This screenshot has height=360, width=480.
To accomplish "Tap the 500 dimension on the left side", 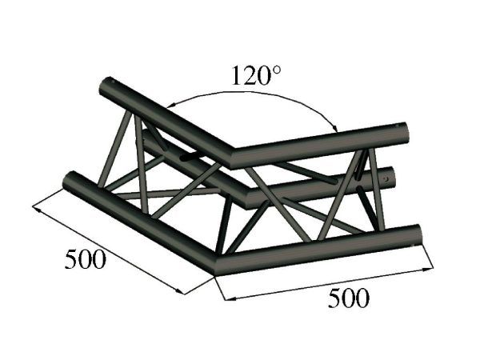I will coord(83,261).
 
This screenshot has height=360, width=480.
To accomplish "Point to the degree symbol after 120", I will coord(278,71).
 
